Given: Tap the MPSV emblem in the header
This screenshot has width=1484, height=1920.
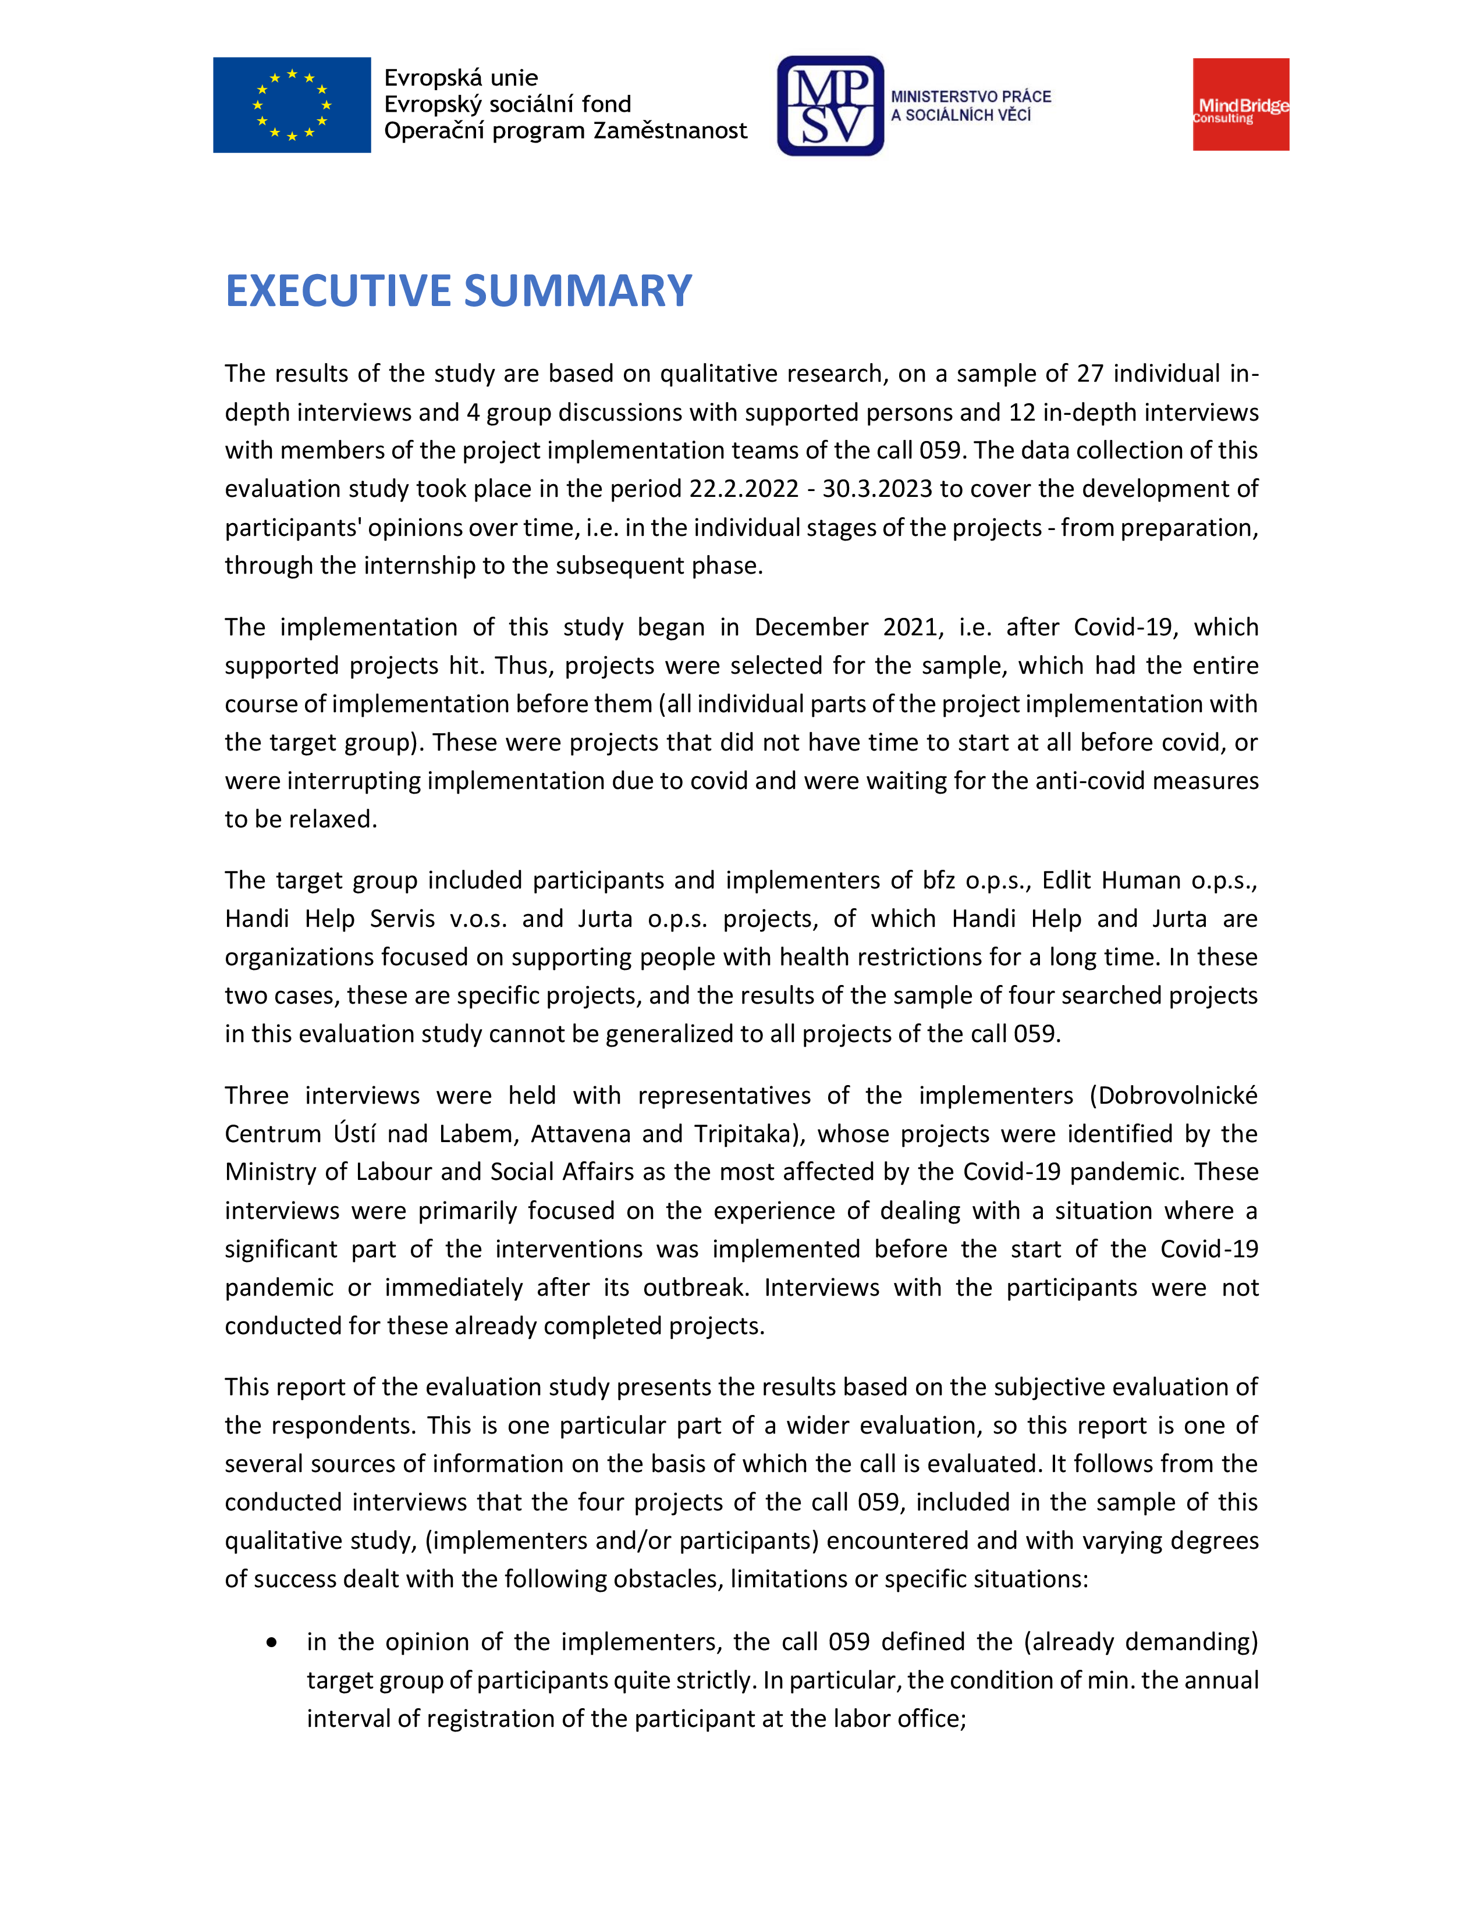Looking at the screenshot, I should point(830,105).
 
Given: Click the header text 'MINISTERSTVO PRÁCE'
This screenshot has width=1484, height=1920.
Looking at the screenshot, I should point(971,97).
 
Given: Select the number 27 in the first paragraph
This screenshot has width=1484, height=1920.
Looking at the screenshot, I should point(1089,374).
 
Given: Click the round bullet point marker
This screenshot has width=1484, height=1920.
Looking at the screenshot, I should point(272,1642).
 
